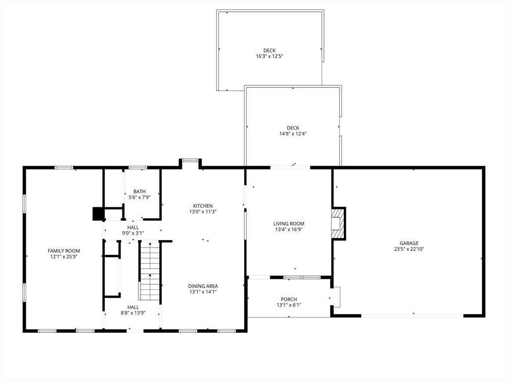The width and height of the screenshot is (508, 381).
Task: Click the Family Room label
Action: point(64,251)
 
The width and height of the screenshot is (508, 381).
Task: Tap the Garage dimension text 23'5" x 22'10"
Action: point(409,249)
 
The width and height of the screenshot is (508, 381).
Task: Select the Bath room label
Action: point(139,191)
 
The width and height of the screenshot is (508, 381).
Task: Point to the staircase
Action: point(150,270)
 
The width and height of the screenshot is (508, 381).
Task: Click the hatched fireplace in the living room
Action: point(337,223)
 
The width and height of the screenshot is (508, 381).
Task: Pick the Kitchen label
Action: point(203,206)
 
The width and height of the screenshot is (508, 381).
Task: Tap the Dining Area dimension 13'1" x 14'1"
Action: point(203,292)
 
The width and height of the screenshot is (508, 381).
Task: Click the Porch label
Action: point(289,299)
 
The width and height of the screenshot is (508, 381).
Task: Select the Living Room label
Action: point(289,224)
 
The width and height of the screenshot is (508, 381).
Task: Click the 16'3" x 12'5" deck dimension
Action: point(269,57)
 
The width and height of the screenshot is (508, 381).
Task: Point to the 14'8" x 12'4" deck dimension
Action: point(293,133)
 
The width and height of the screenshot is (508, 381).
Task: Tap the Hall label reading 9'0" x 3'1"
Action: point(133,233)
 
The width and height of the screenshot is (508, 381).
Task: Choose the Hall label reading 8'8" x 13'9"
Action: point(133,313)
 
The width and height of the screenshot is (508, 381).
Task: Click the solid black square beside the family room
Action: point(98,214)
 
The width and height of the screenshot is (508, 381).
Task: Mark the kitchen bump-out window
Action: point(190,160)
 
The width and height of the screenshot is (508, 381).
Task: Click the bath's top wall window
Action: point(138,168)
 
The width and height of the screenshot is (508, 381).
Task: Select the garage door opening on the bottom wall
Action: point(412,315)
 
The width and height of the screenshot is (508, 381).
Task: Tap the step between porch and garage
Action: point(336,297)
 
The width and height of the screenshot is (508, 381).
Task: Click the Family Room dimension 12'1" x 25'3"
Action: point(64,256)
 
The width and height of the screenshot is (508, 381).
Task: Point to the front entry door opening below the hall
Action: point(135,331)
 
